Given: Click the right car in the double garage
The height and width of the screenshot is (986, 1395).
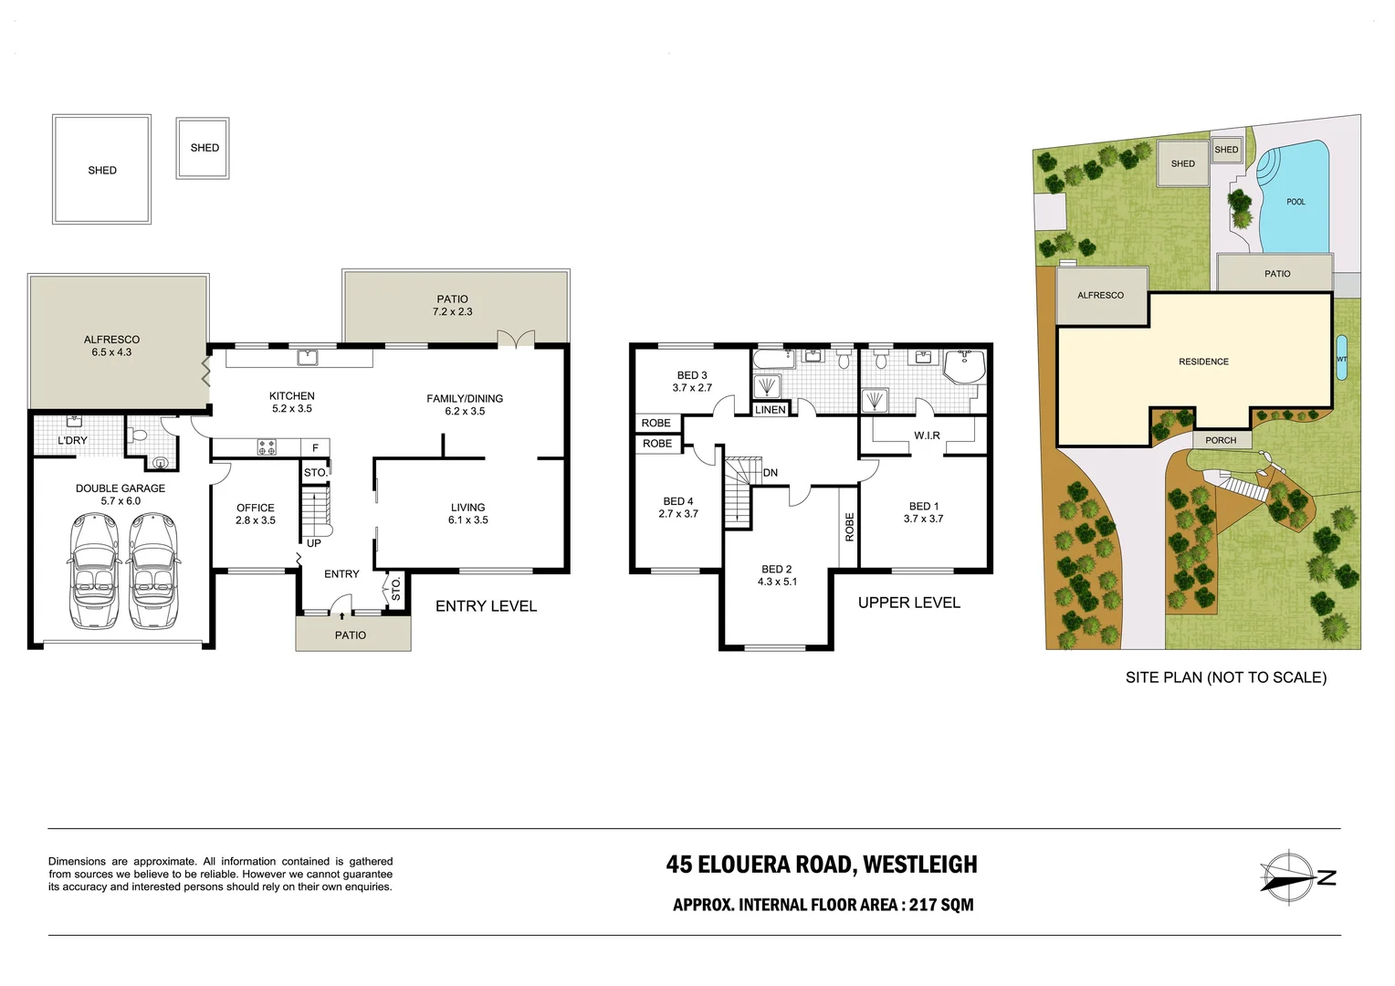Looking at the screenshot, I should coord(152,571).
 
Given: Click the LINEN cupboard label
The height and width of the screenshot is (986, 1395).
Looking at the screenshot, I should coord(771,410).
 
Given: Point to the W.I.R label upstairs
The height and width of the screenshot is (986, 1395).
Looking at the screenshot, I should coord(927,435).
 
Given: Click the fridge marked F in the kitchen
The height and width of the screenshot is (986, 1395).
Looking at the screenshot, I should coord(315,448).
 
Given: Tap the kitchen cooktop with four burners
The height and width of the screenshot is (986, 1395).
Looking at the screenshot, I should coord(267,448).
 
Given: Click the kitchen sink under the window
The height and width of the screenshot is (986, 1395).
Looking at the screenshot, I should coord(304,356).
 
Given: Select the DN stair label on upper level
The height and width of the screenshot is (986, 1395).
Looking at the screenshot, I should coord(771,473).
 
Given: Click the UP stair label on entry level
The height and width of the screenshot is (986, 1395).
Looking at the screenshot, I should coord(313,543).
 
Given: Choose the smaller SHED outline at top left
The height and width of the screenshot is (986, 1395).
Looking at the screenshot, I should coord(204,148).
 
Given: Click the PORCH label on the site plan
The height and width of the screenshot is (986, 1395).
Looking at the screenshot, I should coord(1221,440).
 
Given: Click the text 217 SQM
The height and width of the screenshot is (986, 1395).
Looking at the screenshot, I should coord(941,905).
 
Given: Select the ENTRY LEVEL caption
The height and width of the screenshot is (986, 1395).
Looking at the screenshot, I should coord(486,606).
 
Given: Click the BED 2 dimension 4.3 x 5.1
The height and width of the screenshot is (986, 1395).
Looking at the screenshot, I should coord(777,582).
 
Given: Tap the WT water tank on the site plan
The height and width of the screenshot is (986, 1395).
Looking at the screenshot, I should coord(1341,359).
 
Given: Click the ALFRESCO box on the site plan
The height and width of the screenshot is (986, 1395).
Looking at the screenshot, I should coord(1100,296).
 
